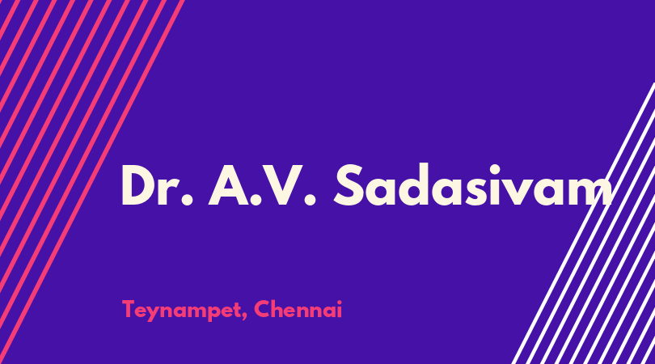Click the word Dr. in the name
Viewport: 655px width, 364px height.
point(158,185)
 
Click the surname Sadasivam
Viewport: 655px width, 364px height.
point(473,184)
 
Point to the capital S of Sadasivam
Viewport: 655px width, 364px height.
point(349,184)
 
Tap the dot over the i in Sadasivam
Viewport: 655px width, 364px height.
point(498,169)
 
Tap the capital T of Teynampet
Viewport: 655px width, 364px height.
point(129,309)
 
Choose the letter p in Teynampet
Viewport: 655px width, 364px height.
point(206,314)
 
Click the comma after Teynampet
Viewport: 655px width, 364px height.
point(244,317)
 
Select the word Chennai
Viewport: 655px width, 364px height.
point(298,309)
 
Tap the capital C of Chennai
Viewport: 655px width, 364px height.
point(262,309)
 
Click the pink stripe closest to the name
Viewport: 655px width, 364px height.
point(92,182)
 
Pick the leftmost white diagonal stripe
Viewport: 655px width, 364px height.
point(583,223)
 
